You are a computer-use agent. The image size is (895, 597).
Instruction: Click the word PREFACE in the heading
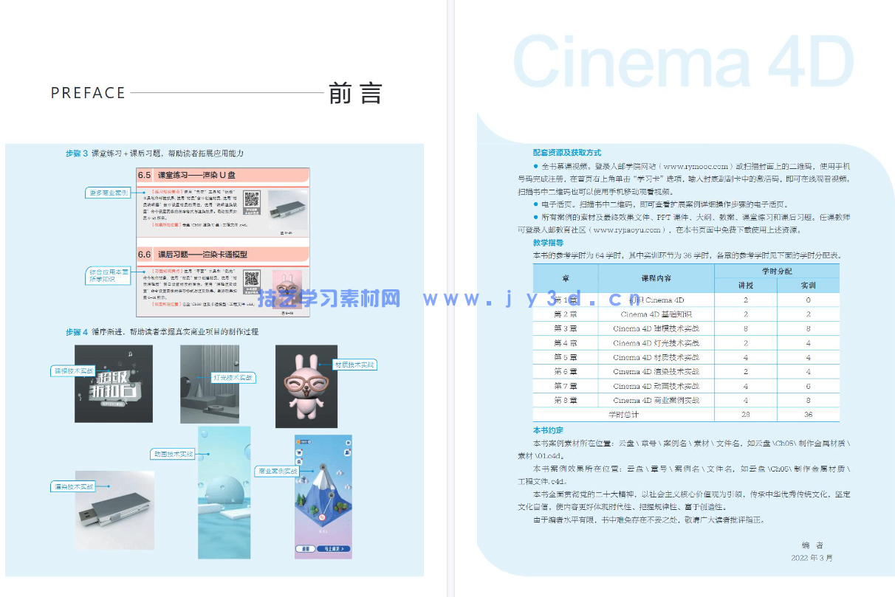click(x=88, y=93)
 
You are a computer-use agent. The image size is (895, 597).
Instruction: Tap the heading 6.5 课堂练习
click(x=196, y=176)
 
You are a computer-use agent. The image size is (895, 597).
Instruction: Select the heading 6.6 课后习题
click(x=202, y=254)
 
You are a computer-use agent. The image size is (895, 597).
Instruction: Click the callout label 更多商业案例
click(x=108, y=193)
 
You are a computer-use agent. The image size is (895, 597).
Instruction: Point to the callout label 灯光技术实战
click(x=233, y=378)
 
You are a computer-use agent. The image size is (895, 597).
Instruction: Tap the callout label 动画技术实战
click(x=173, y=454)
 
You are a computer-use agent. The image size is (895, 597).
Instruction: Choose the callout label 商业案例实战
click(x=277, y=470)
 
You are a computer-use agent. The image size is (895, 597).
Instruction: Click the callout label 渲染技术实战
click(x=73, y=486)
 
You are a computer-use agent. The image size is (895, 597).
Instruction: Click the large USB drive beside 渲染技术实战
click(x=114, y=511)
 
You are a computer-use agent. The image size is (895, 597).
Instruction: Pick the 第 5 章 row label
click(x=566, y=357)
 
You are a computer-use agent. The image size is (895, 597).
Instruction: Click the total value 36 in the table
click(x=808, y=415)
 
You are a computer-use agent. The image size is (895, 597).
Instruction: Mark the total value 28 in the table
click(x=745, y=415)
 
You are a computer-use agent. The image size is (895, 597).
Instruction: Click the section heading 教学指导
click(x=548, y=242)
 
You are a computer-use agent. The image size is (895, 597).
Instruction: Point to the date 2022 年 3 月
click(x=811, y=558)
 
